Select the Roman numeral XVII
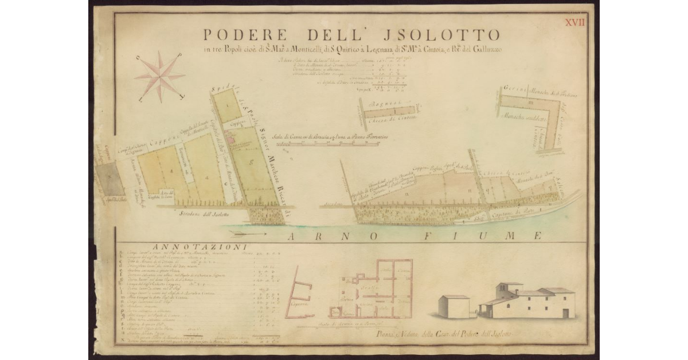coord(575,22)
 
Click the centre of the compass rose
coord(160,76)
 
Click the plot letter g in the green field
coord(251,162)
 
